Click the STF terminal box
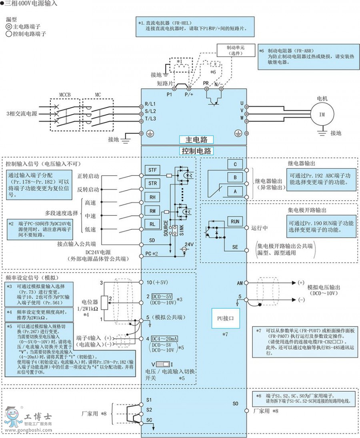click(x=153, y=170)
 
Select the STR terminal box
click(x=153, y=183)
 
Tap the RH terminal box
click(x=153, y=197)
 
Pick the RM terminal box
click(x=153, y=211)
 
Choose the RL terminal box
click(x=153, y=224)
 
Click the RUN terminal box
click(x=235, y=221)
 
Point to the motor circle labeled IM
click(x=322, y=114)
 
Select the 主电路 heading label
click(x=196, y=140)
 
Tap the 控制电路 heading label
click(x=196, y=151)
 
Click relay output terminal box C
click(x=235, y=164)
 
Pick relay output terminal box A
click(x=235, y=191)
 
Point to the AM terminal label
click(x=240, y=283)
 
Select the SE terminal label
click(x=235, y=247)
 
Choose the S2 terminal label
click(x=149, y=410)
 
